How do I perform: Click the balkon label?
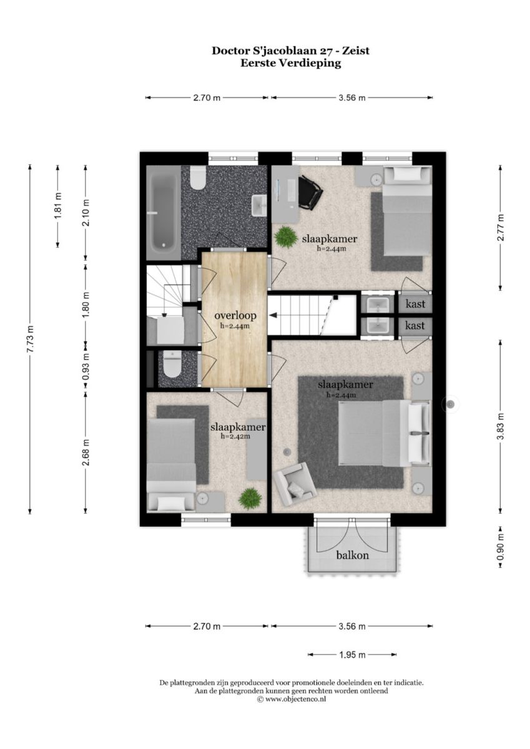tap(353, 556)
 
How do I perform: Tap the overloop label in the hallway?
tap(235, 315)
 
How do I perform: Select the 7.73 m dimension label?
tap(30, 338)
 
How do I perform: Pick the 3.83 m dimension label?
tap(501, 427)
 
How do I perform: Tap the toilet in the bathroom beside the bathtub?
tap(198, 179)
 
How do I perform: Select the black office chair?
tap(310, 193)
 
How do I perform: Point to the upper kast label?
tap(415, 304)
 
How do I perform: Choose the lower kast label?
tap(415, 325)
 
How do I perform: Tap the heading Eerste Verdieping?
tap(290, 63)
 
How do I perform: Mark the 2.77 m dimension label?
tap(501, 228)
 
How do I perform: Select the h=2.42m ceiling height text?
tap(235, 436)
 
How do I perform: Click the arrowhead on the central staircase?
tap(273, 315)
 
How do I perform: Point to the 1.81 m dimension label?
tap(58, 206)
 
